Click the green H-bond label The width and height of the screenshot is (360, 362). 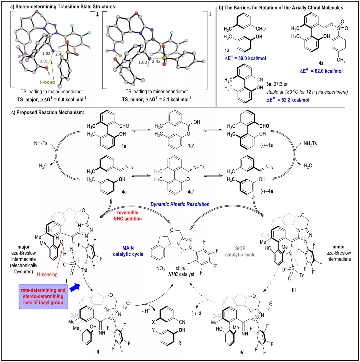pyautogui.click(x=47, y=82)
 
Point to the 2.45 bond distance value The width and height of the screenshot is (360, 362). pyautogui.click(x=59, y=54)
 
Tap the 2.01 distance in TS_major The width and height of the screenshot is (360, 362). pyautogui.click(x=44, y=61)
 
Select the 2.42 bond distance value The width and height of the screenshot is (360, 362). pyautogui.click(x=156, y=61)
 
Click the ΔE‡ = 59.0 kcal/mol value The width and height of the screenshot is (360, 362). pyautogui.click(x=245, y=58)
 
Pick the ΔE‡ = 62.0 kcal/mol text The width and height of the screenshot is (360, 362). pyautogui.click(x=321, y=71)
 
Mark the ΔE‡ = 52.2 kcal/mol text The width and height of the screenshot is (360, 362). pyautogui.click(x=288, y=100)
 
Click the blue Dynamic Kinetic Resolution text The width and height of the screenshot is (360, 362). pyautogui.click(x=180, y=204)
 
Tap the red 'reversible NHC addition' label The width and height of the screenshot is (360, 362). pyautogui.click(x=128, y=215)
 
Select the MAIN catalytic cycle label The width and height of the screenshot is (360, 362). pyautogui.click(x=128, y=251)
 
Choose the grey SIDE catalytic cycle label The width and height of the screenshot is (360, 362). pyautogui.click(x=240, y=252)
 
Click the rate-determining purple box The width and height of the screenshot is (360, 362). pyautogui.click(x=43, y=296)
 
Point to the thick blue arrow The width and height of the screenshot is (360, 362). pyautogui.click(x=75, y=288)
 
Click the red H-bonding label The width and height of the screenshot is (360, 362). pyautogui.click(x=47, y=274)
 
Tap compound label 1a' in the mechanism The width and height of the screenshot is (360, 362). pyautogui.click(x=191, y=146)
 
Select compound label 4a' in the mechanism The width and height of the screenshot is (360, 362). pyautogui.click(x=191, y=192)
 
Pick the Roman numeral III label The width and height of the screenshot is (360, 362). pyautogui.click(x=294, y=290)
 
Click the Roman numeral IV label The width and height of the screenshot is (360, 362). pyautogui.click(x=241, y=353)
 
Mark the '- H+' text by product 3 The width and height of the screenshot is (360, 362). pyautogui.click(x=146, y=311)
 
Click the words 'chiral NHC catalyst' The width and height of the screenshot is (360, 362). pyautogui.click(x=181, y=271)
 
